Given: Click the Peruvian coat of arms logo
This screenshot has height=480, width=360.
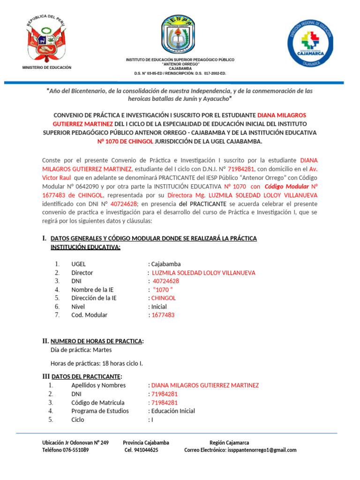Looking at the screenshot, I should pos(47,39).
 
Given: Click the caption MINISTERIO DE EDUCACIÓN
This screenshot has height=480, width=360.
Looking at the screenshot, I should pos(47,67).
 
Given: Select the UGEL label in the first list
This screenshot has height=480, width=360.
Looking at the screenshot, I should pos(79,264).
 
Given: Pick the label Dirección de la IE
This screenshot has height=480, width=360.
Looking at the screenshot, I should pos(94,298).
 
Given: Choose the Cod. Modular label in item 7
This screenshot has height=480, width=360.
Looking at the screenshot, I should pos(89,315).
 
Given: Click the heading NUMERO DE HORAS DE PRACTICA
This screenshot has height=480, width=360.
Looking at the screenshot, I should pos(97,341).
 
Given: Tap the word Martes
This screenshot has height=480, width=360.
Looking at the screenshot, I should pos(102,350).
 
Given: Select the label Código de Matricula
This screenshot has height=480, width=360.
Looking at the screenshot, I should pos(97,403).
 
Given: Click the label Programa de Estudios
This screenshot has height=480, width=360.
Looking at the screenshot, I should pos(100,411).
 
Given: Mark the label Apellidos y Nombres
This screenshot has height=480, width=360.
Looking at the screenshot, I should pos(98,385).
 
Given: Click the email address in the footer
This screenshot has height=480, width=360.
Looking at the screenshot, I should pos(262,450).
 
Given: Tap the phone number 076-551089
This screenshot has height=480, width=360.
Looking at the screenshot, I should pos(73,450).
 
